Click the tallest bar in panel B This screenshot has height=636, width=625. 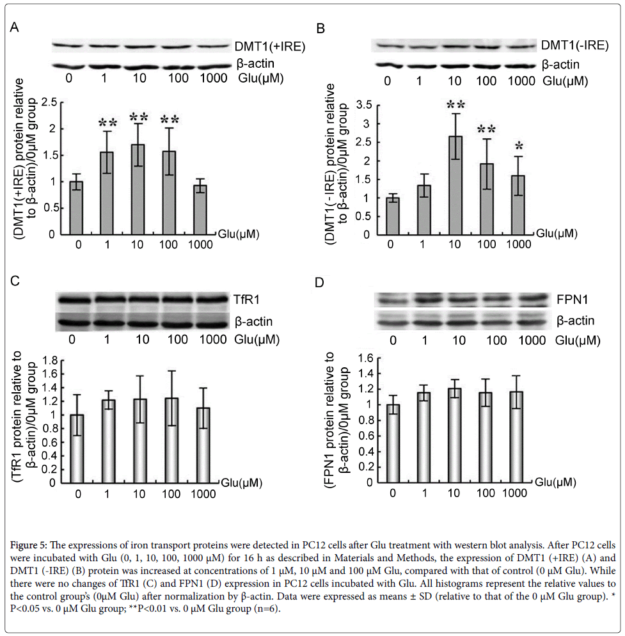point(455,185)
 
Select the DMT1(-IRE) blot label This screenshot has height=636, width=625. point(573,45)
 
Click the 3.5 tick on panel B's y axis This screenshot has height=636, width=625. point(365,105)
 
